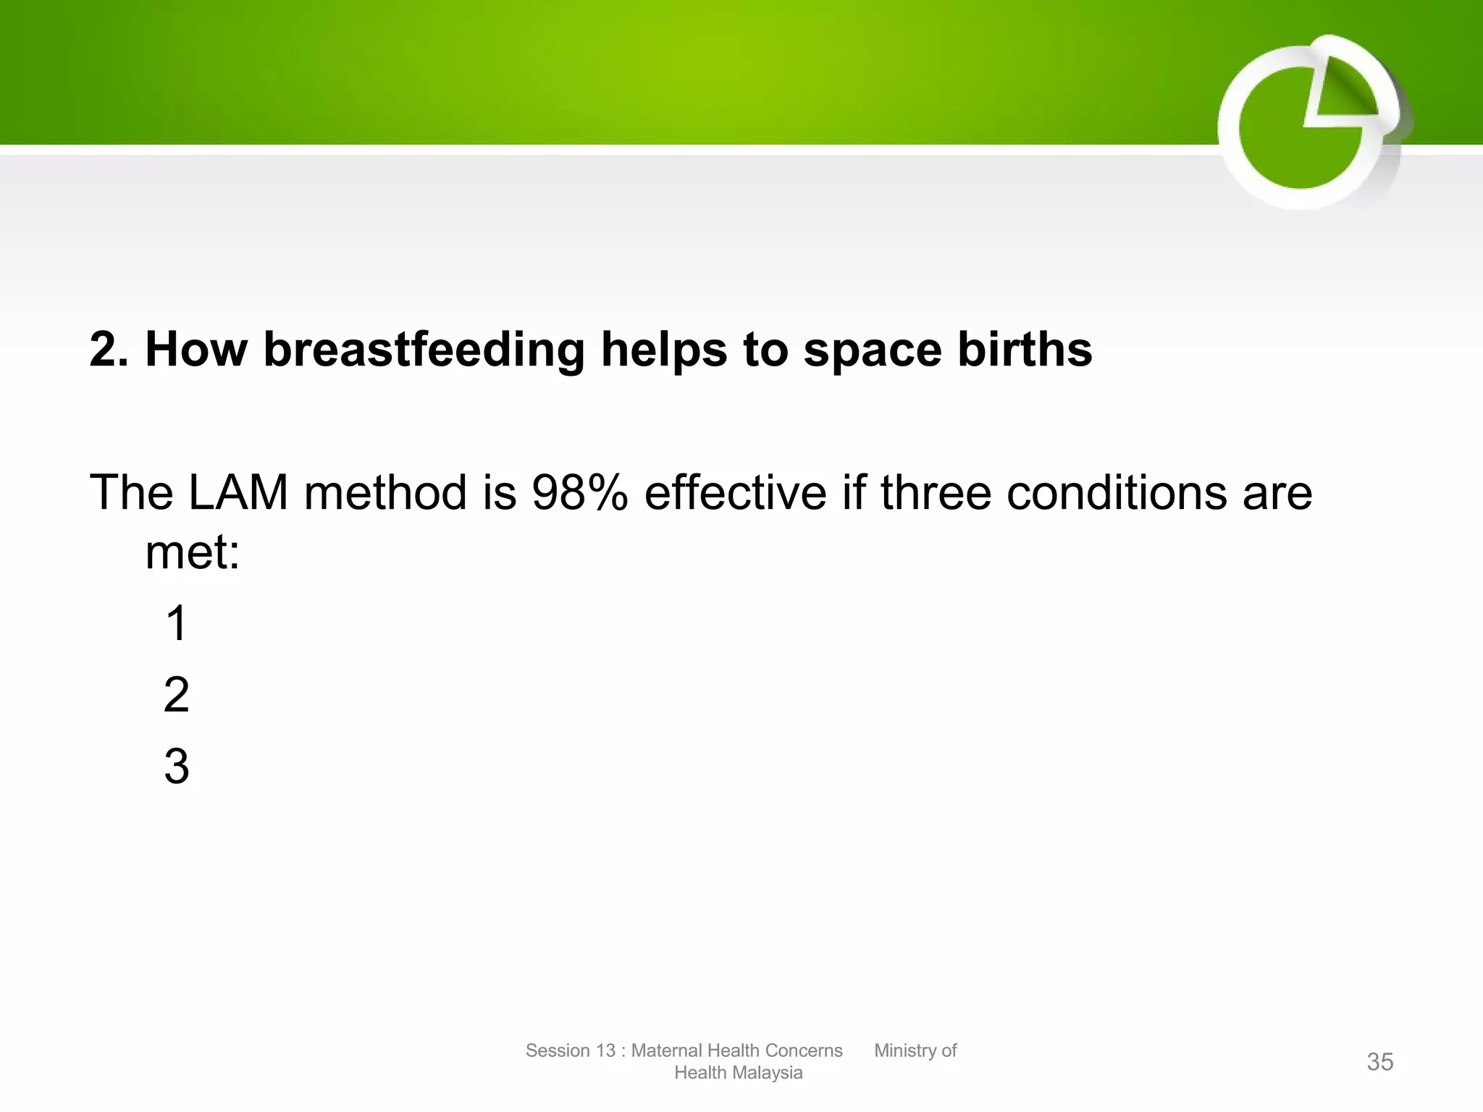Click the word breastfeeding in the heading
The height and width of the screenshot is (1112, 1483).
[423, 350]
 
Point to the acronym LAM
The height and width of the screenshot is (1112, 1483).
[238, 493]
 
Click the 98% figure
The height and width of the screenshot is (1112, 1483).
[579, 493]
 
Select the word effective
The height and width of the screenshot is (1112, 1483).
[735, 493]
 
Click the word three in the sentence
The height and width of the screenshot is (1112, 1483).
[935, 493]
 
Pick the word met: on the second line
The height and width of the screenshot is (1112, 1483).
[193, 553]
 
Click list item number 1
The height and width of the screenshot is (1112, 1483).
[176, 623]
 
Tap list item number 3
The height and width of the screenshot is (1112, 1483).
[176, 767]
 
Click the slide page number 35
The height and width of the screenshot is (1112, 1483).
[1379, 1062]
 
